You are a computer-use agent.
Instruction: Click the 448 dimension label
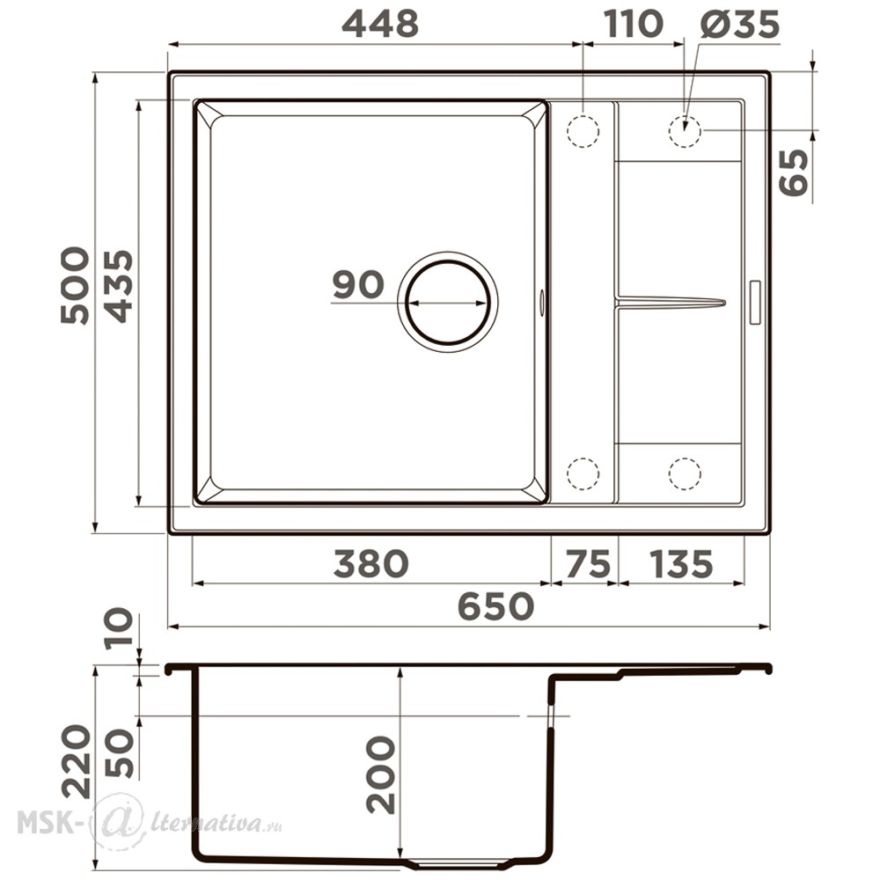click(380, 24)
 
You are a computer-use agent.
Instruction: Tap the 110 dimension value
click(633, 24)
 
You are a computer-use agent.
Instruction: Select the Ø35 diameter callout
click(740, 24)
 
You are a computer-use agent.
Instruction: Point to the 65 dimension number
click(794, 172)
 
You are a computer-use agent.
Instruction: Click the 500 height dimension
click(75, 285)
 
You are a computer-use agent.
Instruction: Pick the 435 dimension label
click(120, 285)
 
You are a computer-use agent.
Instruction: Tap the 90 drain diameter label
click(358, 284)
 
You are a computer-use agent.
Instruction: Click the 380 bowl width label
click(370, 563)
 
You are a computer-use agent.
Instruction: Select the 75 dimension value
click(588, 563)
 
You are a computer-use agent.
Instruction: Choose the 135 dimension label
click(681, 563)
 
